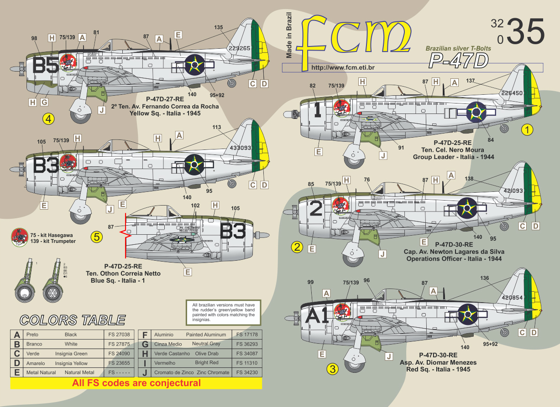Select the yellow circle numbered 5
tap(97, 237)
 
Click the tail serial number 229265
tap(240, 48)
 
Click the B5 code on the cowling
tap(46, 67)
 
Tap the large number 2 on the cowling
tap(316, 208)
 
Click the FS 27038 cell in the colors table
tap(122, 335)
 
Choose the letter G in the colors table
tap(144, 344)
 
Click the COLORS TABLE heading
tap(72, 320)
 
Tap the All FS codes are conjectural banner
tap(136, 383)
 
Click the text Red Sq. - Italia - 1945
tap(438, 369)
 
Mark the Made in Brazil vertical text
tap(288, 35)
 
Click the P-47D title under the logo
tap(458, 60)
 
